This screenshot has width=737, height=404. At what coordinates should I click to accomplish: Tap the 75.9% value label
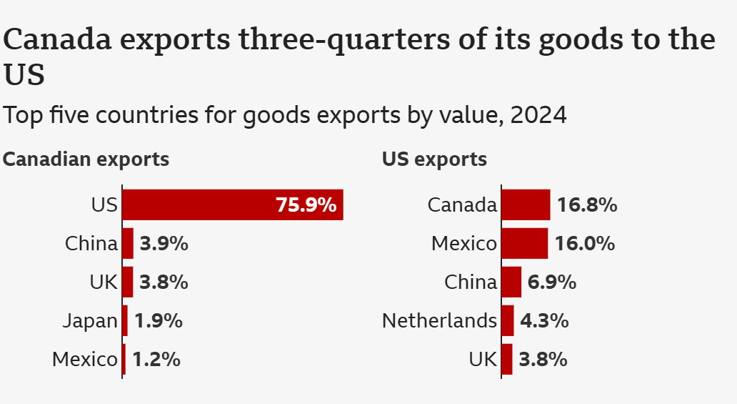[x=306, y=205]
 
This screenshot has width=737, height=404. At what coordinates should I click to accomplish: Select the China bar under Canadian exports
[x=128, y=243]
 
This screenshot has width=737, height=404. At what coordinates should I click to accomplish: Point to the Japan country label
[x=89, y=321]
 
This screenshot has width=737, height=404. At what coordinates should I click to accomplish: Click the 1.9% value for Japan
[x=159, y=321]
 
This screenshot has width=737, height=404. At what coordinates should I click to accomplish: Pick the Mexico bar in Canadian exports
[x=124, y=359]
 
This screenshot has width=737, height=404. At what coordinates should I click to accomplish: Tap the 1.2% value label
[x=156, y=359]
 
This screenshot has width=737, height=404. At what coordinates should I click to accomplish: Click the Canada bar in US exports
[x=526, y=205]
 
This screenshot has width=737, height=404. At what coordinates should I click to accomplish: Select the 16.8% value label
[x=587, y=205]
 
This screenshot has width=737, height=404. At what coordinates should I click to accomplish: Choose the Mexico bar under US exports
[x=525, y=243]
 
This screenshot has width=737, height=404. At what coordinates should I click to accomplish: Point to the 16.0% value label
[x=585, y=243]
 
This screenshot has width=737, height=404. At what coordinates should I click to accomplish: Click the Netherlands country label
[x=439, y=320]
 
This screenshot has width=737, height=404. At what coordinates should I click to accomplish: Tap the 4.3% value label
[x=544, y=320]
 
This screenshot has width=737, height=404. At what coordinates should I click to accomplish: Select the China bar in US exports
[x=511, y=282]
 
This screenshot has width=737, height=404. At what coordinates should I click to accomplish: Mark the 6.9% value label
[x=551, y=282]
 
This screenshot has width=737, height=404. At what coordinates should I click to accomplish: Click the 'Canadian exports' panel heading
[x=86, y=159]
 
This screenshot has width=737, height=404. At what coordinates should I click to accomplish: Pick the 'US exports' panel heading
[x=434, y=159]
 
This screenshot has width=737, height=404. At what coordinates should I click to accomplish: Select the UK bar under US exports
[x=507, y=359]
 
